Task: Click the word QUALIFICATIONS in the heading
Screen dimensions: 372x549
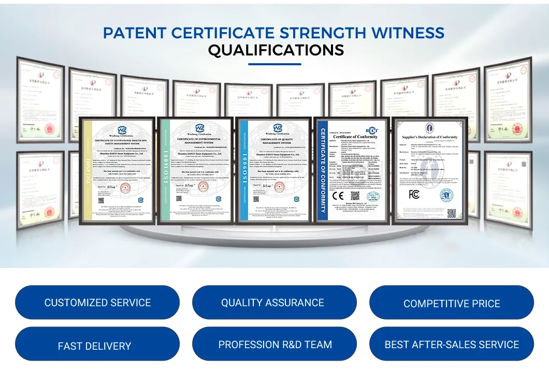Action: click(276, 50)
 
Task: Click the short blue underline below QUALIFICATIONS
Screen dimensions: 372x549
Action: click(274, 64)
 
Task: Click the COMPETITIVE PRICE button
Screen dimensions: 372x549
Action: click(452, 304)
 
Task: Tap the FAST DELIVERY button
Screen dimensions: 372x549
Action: click(94, 346)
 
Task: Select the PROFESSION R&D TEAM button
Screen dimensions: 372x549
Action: click(275, 345)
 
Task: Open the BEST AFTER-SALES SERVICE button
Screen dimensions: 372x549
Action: click(452, 345)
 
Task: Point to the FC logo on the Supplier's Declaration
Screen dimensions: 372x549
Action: click(414, 194)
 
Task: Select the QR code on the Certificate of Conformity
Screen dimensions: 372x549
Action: click(355, 196)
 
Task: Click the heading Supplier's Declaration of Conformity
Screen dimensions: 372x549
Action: click(430, 137)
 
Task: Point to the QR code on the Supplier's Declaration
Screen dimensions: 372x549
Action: click(452, 212)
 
